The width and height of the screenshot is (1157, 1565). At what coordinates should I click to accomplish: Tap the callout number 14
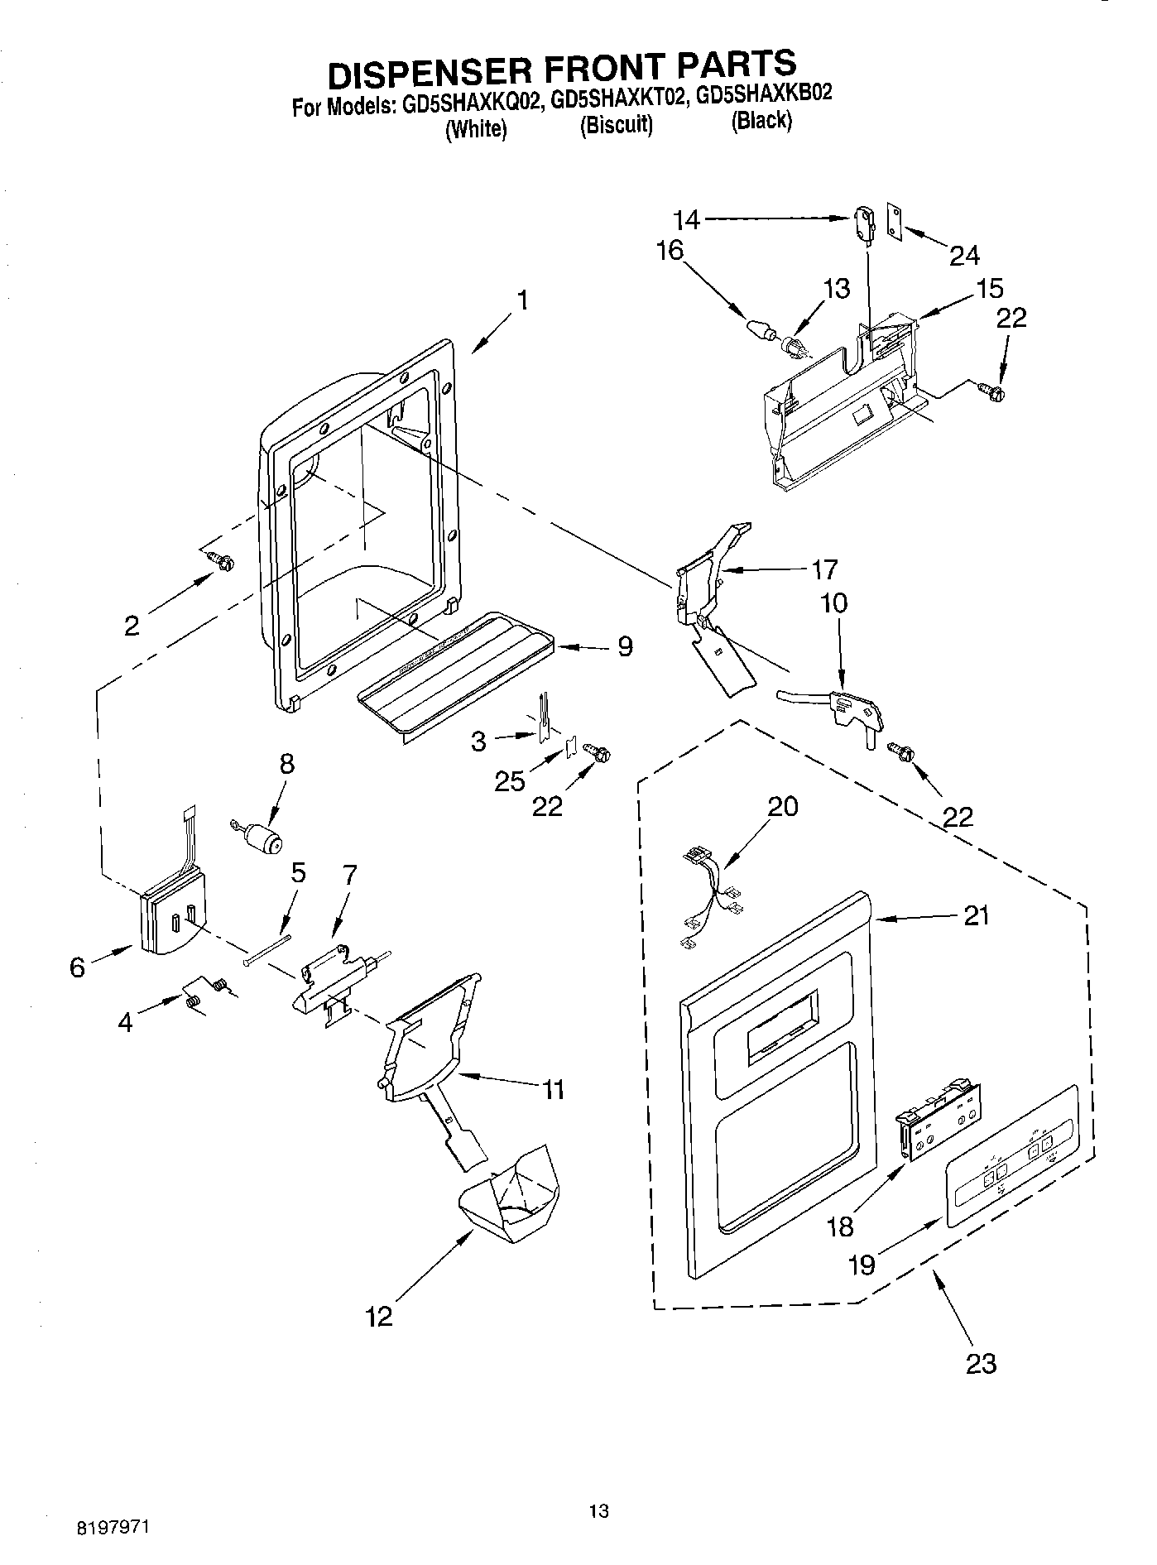687,219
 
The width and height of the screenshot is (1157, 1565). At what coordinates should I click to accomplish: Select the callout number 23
981,1363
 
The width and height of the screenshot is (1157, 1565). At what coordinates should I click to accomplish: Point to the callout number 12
379,1316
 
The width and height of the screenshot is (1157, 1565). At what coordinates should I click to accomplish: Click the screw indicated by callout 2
222,560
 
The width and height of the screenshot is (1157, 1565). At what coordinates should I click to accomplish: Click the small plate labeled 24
895,220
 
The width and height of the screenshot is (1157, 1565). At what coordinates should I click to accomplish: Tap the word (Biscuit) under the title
617,125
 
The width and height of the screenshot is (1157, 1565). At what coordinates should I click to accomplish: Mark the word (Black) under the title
761,121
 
